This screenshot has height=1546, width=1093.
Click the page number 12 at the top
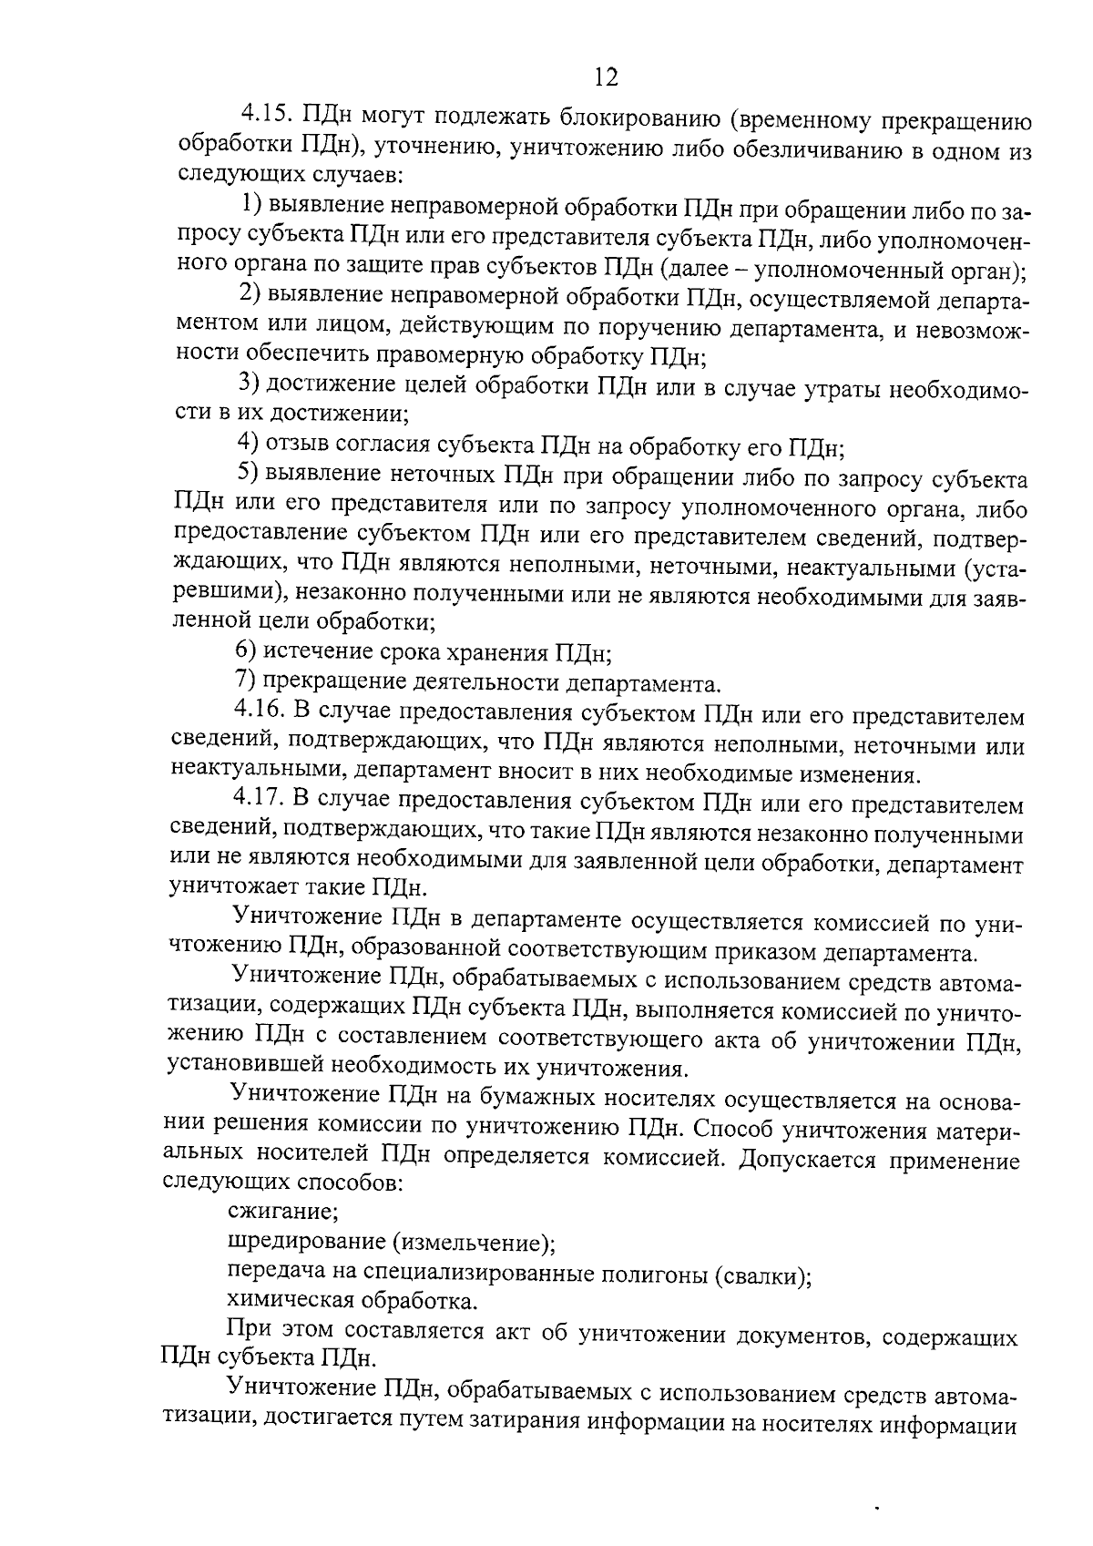606,77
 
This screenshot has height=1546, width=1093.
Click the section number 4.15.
263,117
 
